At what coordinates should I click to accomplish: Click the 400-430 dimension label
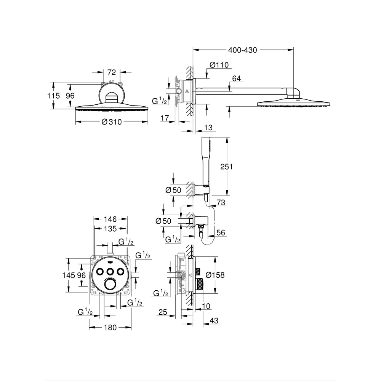[x=242, y=50]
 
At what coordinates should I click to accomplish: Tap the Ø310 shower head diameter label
[x=112, y=122]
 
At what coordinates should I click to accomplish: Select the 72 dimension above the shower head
[x=112, y=72]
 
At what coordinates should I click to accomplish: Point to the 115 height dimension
[x=53, y=96]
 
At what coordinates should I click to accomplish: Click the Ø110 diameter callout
[x=219, y=65]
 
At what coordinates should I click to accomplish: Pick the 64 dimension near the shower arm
[x=236, y=78]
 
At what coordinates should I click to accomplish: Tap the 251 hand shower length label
[x=226, y=167]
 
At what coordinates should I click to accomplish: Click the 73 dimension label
[x=221, y=202]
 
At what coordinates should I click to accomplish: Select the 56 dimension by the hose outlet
[x=221, y=232]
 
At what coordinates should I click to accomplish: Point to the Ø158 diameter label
[x=215, y=275]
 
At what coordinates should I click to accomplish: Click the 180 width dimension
[x=110, y=328]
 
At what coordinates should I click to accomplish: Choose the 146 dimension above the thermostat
[x=110, y=219]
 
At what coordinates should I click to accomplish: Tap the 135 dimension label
[x=110, y=229]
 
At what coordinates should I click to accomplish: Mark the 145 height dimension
[x=69, y=275]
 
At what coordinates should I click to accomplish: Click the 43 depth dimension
[x=214, y=321]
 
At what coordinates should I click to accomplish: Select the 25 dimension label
[x=163, y=312]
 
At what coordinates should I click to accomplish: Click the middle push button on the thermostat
[x=110, y=271]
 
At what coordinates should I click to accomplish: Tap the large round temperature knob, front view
[x=110, y=284]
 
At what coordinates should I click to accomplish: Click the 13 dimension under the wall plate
[x=208, y=128]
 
